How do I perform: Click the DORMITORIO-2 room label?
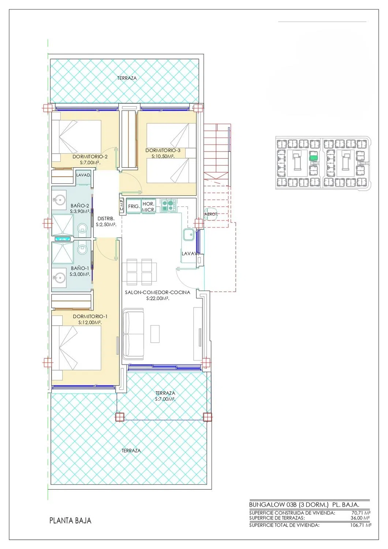coord(90,157)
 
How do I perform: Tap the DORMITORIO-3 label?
coord(163,150)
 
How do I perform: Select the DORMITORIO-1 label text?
coord(90,317)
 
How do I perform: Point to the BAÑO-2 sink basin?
coord(59,201)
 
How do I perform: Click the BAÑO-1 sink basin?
coord(59,278)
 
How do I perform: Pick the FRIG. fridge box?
coord(134,206)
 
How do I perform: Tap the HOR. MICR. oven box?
coord(149,206)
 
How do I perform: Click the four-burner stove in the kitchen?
coord(169,205)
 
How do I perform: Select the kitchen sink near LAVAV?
coord(189,235)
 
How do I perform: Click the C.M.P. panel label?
coord(122,205)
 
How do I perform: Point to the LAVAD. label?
coord(83,175)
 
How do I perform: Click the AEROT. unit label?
coord(211,214)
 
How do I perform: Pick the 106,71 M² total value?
coord(360,525)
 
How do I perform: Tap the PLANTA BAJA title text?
coord(70,520)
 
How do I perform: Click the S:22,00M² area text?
coord(158,299)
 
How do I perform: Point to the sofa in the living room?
coord(133,334)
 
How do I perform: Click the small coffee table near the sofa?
coord(155,334)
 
